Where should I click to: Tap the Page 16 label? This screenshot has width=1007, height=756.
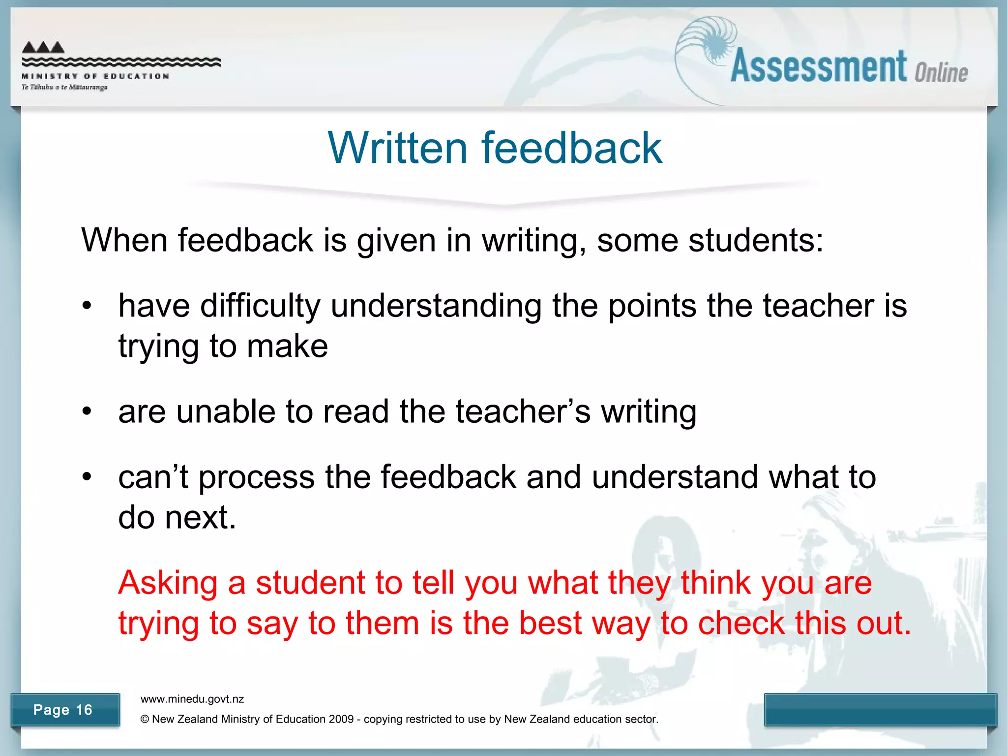pos(63,710)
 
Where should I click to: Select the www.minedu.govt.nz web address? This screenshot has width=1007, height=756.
pos(192,699)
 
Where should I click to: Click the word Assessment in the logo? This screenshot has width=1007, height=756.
pos(818,67)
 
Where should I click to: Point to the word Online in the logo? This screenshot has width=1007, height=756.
pos(941,73)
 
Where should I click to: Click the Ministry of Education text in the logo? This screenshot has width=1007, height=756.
pos(95,76)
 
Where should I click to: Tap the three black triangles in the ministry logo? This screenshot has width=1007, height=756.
pos(43,47)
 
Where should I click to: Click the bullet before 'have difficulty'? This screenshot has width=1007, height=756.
pos(87,306)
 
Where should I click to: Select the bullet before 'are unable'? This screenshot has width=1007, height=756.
pos(87,411)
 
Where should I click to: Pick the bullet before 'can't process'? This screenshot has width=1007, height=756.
pos(87,477)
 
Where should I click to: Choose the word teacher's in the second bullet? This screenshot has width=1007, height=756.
pos(523,411)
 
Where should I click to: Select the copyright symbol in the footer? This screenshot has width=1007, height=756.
pos(145,720)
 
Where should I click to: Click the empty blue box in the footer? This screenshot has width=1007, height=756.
pos(880,709)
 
